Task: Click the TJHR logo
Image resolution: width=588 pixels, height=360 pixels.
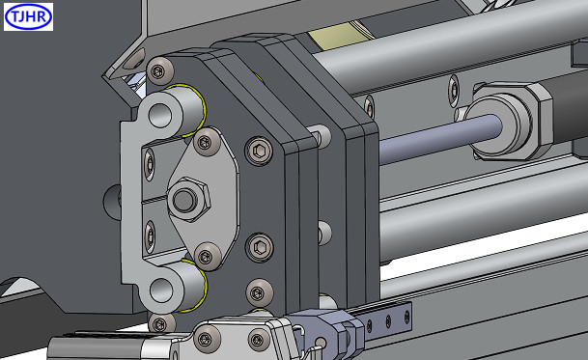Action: [29, 16]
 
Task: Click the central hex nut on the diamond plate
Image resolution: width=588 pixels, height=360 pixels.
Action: [188, 200]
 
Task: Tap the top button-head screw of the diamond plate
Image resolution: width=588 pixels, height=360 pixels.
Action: [208, 142]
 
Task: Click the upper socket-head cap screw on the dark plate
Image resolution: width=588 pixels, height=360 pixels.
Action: [259, 151]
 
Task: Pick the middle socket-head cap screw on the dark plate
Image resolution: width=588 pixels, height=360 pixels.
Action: [259, 247]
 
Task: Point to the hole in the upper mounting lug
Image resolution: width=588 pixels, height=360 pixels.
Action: [160, 115]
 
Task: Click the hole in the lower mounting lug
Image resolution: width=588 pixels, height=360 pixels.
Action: [161, 290]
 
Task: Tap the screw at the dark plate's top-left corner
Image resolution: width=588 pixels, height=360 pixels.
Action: [159, 70]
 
